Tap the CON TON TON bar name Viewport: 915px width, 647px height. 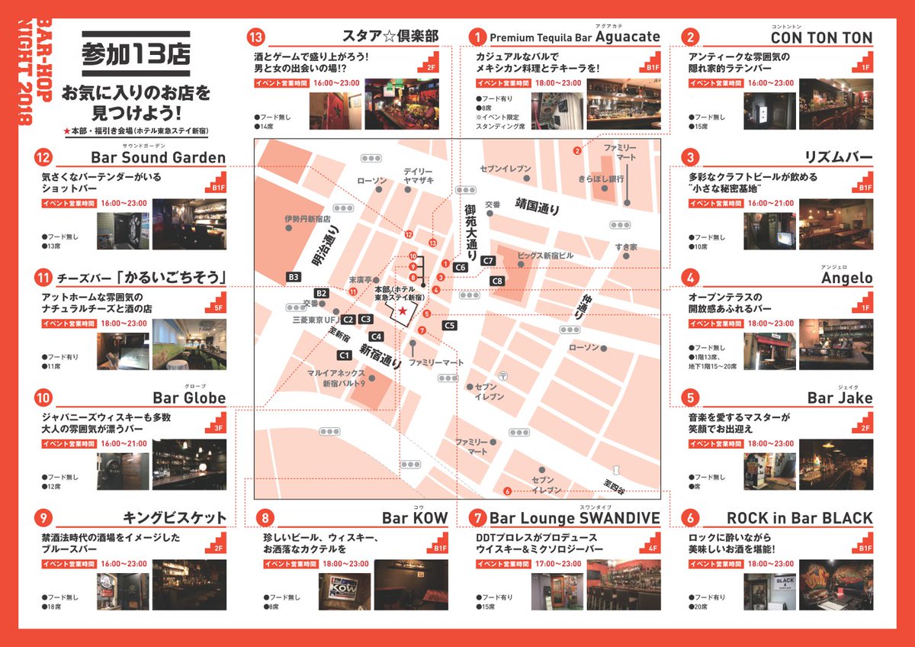pos(821,37)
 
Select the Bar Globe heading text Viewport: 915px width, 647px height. pos(189,398)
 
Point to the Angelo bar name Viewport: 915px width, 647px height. pos(846,278)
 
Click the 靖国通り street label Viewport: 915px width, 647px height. pos(537,206)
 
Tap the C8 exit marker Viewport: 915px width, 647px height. pos(497,281)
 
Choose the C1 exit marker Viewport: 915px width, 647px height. pos(345,355)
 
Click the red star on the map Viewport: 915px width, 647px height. pos(402,304)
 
